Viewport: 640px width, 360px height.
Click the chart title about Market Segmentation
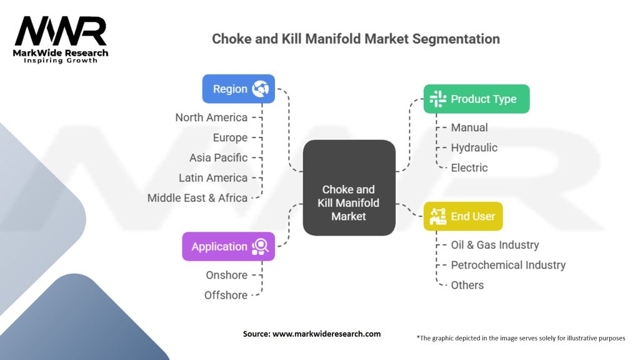click(356, 39)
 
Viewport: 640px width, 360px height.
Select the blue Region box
click(238, 89)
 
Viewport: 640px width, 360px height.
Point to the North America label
click(211, 117)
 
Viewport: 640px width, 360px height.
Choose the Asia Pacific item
click(218, 157)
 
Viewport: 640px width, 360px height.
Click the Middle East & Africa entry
click(197, 197)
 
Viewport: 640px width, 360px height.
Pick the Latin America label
click(213, 177)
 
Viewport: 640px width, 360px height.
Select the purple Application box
click(228, 246)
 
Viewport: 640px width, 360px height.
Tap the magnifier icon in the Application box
click(260, 246)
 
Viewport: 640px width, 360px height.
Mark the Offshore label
click(226, 295)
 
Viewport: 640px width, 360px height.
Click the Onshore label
click(226, 275)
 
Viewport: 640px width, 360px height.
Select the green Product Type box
click(476, 99)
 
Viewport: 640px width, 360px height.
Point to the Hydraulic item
click(474, 147)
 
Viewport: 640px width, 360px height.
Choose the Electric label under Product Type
click(469, 167)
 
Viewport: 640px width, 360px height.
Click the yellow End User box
click(462, 216)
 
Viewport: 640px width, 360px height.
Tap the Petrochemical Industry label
click(507, 265)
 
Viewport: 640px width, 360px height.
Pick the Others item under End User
click(467, 285)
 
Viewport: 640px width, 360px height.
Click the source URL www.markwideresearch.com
click(327, 334)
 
